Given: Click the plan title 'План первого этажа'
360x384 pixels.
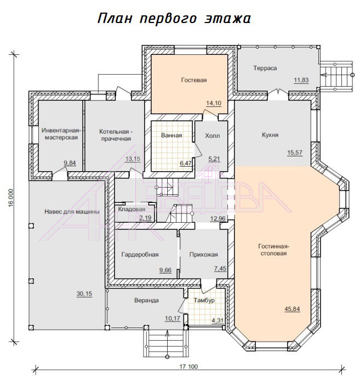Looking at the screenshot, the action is click(x=174, y=19).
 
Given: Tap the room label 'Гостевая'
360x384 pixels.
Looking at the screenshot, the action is click(x=194, y=80).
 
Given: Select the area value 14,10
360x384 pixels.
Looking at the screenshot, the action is click(x=214, y=103).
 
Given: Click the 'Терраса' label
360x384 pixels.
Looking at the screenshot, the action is click(x=265, y=68).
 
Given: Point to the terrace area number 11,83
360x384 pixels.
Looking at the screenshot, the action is click(x=301, y=80).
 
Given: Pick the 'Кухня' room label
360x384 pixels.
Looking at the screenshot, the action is click(x=270, y=135).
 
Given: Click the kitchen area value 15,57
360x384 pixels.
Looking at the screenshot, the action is click(x=295, y=153).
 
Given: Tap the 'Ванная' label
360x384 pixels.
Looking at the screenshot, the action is click(x=172, y=135).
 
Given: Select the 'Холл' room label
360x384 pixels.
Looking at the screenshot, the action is click(x=212, y=135).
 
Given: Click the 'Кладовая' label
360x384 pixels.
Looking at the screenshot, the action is click(x=132, y=209).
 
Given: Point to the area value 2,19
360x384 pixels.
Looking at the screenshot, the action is click(x=145, y=218).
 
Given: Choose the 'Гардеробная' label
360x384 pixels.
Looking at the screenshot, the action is click(x=140, y=255).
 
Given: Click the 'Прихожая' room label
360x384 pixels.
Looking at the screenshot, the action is click(x=203, y=255).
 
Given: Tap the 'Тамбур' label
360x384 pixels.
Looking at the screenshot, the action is click(x=204, y=300).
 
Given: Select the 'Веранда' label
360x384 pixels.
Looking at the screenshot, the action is click(x=146, y=300).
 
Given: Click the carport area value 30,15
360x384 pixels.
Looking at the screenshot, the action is click(x=84, y=293).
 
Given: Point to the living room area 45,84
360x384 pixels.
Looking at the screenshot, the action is click(x=292, y=309).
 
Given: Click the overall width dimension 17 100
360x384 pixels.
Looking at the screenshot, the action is click(x=188, y=366).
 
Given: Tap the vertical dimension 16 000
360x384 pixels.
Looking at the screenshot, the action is click(x=11, y=198).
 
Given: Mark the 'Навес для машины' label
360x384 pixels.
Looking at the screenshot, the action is click(x=72, y=212).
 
